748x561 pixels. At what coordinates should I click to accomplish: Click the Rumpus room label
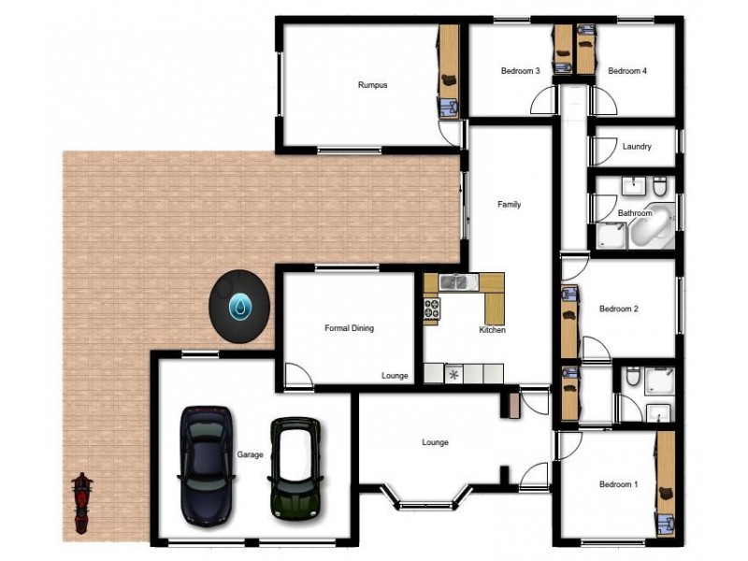click(372, 85)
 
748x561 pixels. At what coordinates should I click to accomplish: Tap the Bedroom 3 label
click(520, 71)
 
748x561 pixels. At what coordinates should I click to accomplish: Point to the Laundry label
click(636, 147)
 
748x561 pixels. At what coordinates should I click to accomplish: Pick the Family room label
click(509, 205)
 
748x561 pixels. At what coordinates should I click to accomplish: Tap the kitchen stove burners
click(432, 309)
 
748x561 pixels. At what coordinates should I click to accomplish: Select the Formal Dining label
click(349, 328)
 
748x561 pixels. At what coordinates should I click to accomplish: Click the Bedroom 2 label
click(618, 309)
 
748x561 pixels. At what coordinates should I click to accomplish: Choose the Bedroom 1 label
click(618, 484)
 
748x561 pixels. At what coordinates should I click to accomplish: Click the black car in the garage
click(206, 464)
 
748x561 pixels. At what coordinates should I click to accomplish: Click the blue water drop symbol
click(241, 305)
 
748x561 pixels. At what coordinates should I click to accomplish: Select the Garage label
click(250, 454)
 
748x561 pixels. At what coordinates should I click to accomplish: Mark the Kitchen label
click(492, 330)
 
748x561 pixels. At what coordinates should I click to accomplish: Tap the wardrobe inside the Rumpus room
click(448, 70)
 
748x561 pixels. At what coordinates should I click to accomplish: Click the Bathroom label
click(635, 213)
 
